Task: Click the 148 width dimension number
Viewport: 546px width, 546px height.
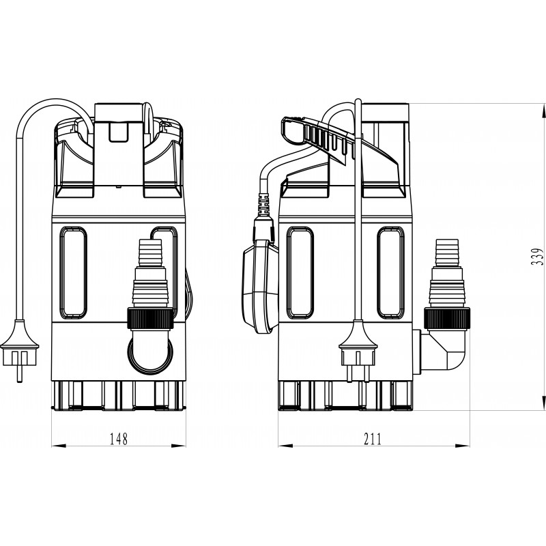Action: (x=119, y=439)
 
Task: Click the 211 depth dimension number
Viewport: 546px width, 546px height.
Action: (x=373, y=439)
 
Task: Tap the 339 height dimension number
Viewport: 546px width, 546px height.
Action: (x=536, y=257)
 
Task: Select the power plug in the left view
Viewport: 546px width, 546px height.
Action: (x=20, y=350)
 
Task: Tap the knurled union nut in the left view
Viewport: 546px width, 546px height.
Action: (x=150, y=318)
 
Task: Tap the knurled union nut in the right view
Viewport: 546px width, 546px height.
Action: (x=447, y=318)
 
